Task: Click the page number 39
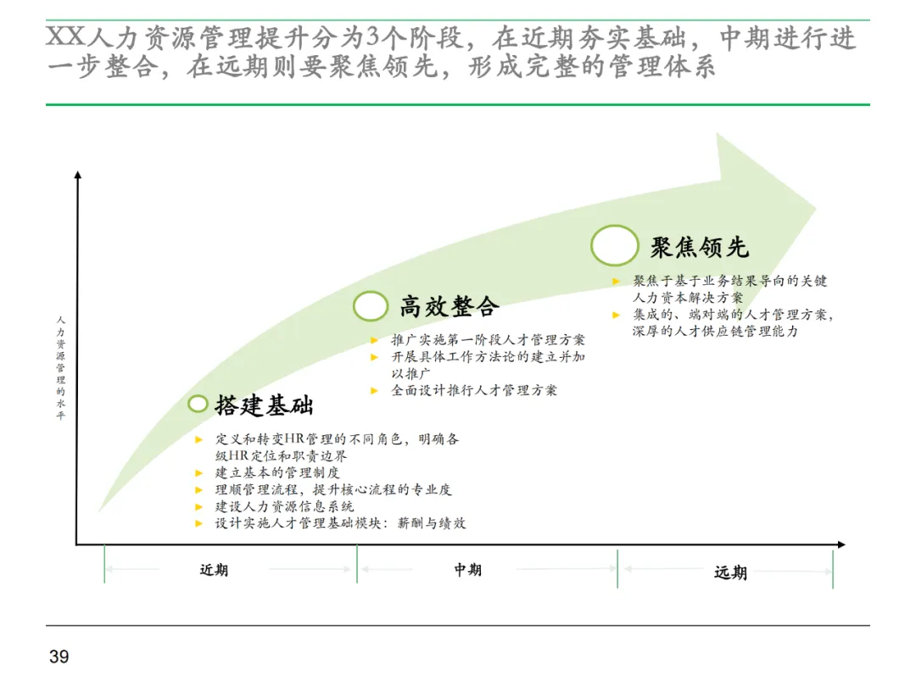[59, 656]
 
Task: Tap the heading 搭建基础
[264, 405]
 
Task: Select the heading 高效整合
[450, 306]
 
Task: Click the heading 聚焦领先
[700, 247]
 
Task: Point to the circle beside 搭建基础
[198, 404]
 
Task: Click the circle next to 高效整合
[371, 306]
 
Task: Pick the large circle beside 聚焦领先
[614, 245]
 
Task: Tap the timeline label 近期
[214, 570]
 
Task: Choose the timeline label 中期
[467, 570]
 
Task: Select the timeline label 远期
[730, 572]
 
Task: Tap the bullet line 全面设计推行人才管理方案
[474, 391]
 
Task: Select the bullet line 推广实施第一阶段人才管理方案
[488, 340]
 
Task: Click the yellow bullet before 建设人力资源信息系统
[198, 506]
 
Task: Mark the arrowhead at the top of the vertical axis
[78, 175]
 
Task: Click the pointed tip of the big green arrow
[816, 208]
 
